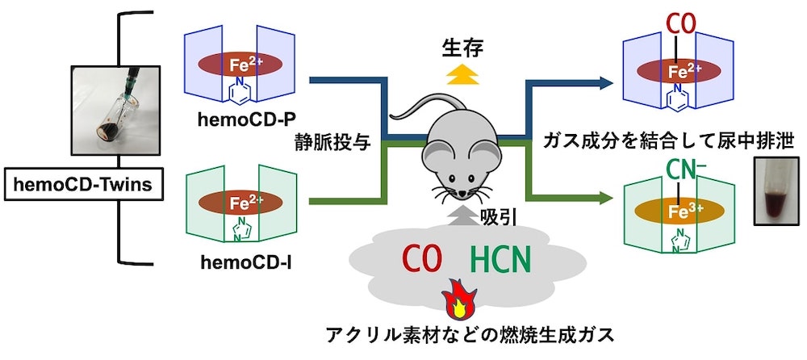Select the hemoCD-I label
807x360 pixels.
(x=241, y=262)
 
